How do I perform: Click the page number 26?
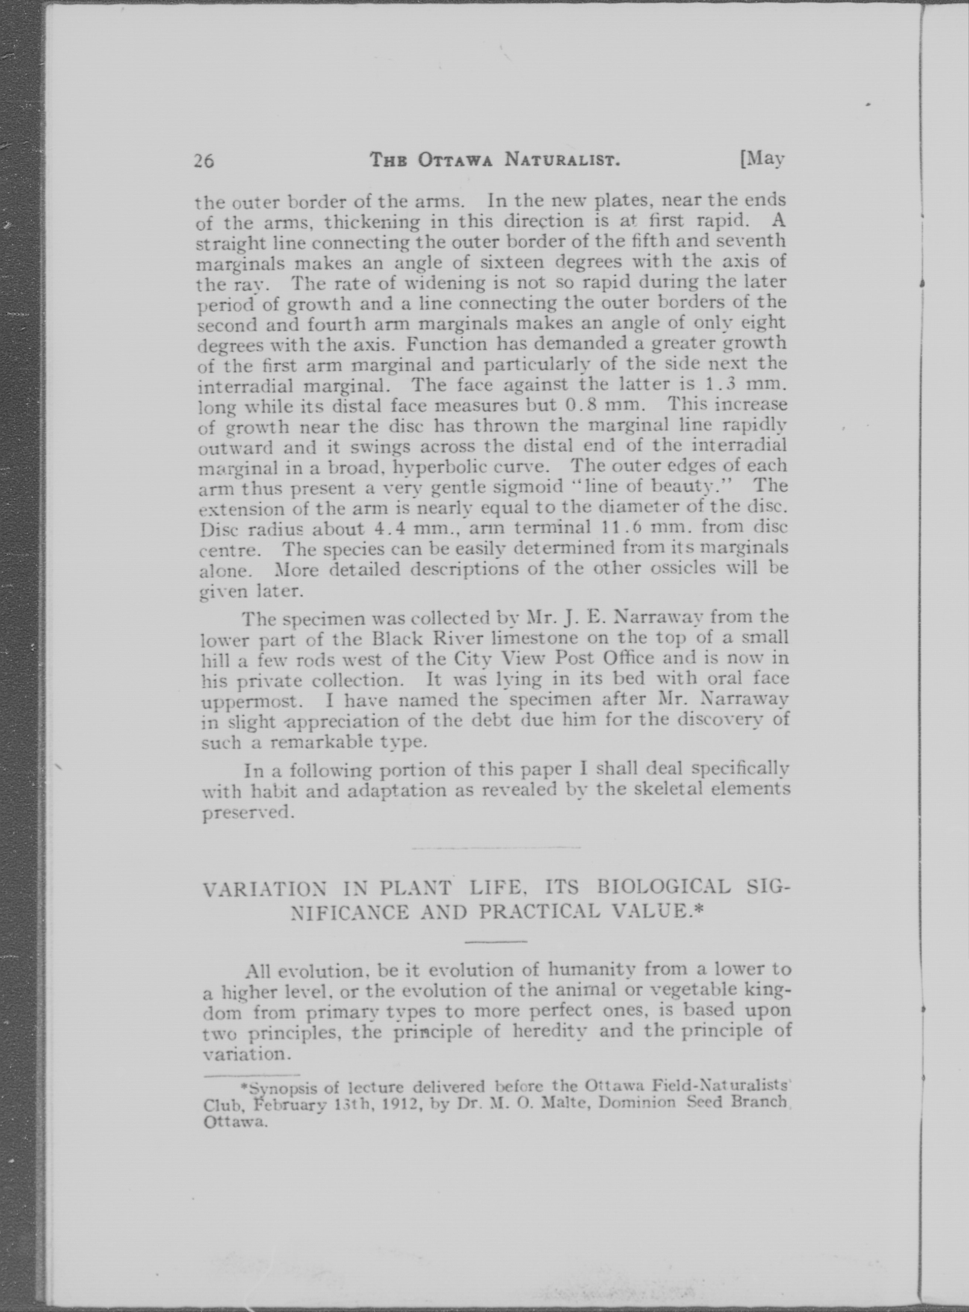[x=203, y=161]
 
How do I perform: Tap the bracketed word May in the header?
[x=763, y=158]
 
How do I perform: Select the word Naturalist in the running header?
[x=562, y=160]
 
